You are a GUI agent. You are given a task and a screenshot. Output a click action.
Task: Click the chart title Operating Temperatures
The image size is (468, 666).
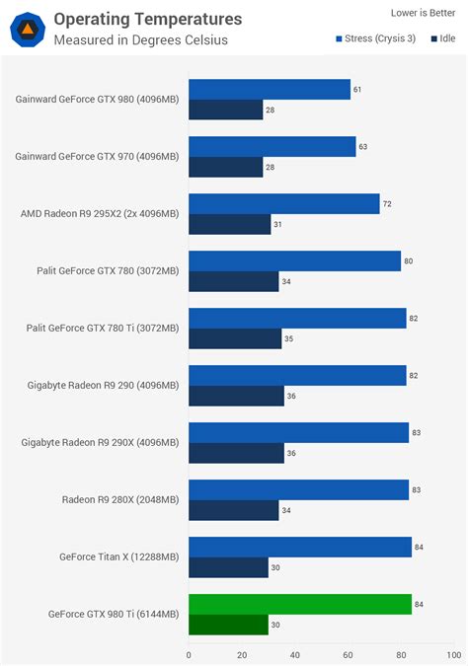pyautogui.click(x=147, y=19)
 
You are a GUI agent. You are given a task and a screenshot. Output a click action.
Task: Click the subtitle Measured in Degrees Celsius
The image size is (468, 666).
pyautogui.click(x=140, y=40)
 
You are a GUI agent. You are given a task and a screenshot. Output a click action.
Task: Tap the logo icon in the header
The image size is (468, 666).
pyautogui.click(x=27, y=29)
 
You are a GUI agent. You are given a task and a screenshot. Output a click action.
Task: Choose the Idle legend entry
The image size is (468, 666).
pyautogui.click(x=442, y=38)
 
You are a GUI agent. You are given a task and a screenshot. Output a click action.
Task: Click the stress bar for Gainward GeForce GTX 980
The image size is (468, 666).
pyautogui.click(x=269, y=90)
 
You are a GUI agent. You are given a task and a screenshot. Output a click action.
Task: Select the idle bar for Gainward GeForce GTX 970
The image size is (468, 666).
pyautogui.click(x=225, y=167)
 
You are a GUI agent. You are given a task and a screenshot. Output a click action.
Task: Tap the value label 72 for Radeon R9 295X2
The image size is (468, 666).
pyautogui.click(x=387, y=203)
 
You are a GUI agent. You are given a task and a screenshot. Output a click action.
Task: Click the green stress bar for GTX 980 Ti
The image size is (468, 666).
pyautogui.click(x=299, y=604)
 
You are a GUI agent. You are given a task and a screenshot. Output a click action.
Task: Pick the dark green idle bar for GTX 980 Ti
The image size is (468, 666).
pyautogui.click(x=227, y=625)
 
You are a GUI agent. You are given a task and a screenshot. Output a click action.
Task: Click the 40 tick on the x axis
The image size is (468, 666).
pyautogui.click(x=294, y=653)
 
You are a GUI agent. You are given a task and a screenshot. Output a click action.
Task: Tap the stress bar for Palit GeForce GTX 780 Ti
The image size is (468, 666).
pyautogui.click(x=297, y=318)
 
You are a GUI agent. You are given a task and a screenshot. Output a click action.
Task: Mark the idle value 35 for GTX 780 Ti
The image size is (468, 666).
pyautogui.click(x=287, y=339)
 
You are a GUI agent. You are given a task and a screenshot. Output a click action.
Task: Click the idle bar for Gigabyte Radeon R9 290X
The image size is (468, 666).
pyautogui.click(x=236, y=453)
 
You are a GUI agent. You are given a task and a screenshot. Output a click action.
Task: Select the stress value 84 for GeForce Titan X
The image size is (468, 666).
pyautogui.click(x=419, y=547)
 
